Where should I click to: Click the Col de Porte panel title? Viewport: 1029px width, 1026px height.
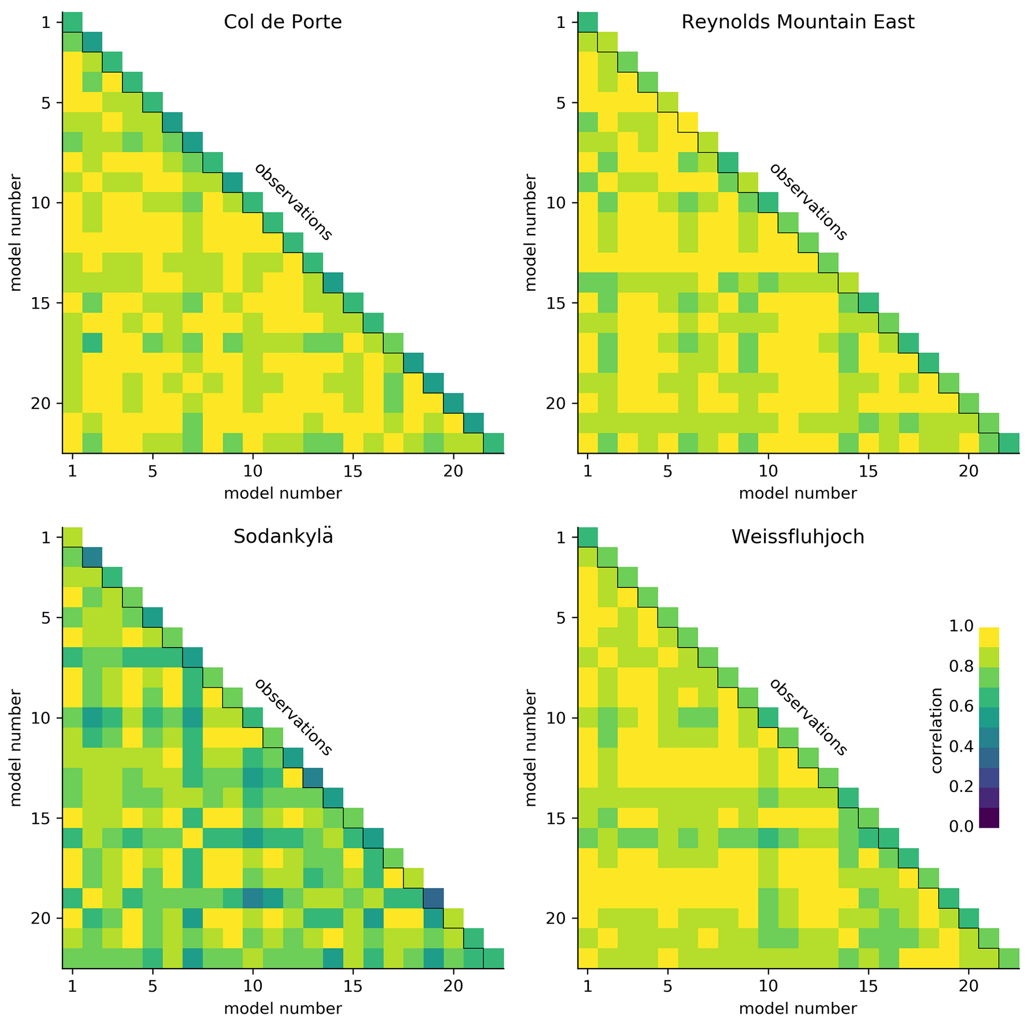click(282, 22)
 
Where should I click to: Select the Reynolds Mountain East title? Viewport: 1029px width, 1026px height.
click(798, 22)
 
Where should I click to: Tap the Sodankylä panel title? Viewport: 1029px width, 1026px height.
click(282, 537)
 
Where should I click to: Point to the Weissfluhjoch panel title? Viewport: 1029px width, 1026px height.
click(798, 537)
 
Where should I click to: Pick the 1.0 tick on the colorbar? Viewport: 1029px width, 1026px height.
click(961, 626)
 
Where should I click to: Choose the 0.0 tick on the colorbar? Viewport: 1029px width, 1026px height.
click(961, 826)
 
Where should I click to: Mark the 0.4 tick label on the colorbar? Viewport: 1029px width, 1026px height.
click(961, 746)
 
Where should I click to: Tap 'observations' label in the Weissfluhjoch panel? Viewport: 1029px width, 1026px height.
click(808, 717)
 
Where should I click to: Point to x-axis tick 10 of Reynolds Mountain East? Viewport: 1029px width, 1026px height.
click(768, 471)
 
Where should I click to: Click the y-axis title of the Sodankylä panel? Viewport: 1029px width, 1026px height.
click(16, 747)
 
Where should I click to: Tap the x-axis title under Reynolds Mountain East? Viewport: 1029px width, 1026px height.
click(798, 493)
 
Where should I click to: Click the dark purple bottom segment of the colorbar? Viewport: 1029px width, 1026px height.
click(989, 817)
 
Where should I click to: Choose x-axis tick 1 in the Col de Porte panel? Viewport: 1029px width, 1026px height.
click(73, 471)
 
